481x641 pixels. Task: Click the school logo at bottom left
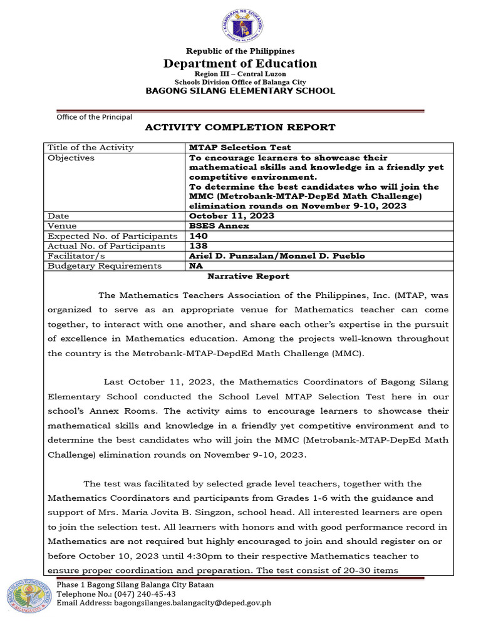(28, 595)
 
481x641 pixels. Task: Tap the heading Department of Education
(240, 63)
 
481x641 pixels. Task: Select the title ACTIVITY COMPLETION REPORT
(240, 127)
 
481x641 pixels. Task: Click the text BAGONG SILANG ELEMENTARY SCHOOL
(240, 91)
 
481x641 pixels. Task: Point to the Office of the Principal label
(95, 116)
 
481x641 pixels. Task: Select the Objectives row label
(71, 158)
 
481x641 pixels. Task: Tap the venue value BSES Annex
(219, 226)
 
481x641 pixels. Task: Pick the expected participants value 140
(199, 236)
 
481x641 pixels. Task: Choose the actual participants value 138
(199, 246)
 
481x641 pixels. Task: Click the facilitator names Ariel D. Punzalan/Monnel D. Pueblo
(277, 256)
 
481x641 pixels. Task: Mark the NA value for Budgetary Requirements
(196, 266)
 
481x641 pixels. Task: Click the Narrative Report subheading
(249, 276)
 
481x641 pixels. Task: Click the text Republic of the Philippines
(240, 51)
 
